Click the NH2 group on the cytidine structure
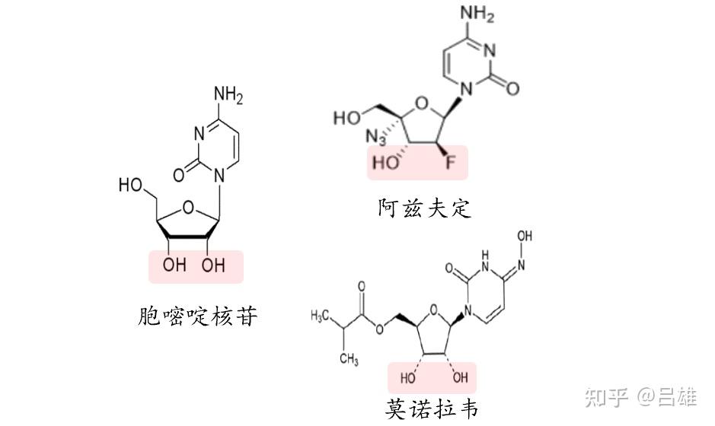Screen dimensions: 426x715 point(228,95)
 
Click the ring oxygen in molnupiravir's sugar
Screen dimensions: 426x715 point(434,308)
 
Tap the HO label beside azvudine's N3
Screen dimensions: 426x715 point(347,118)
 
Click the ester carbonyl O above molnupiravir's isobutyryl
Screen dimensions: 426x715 point(361,288)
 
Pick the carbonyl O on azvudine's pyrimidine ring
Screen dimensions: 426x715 point(512,89)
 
